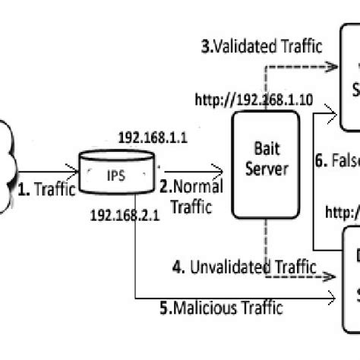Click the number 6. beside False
click(321, 160)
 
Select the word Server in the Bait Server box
click(263, 169)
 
